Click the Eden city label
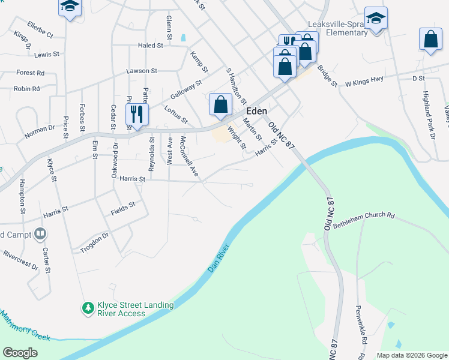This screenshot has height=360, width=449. [256, 112]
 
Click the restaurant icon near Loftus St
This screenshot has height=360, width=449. [137, 113]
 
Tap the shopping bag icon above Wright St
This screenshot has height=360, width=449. [220, 104]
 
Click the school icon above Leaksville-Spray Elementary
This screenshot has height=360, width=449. [376, 18]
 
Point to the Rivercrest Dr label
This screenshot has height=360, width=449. [20, 259]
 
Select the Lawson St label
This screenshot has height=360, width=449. [141, 71]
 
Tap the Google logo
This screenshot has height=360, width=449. [20, 353]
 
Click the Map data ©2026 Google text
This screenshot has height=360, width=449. [411, 355]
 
